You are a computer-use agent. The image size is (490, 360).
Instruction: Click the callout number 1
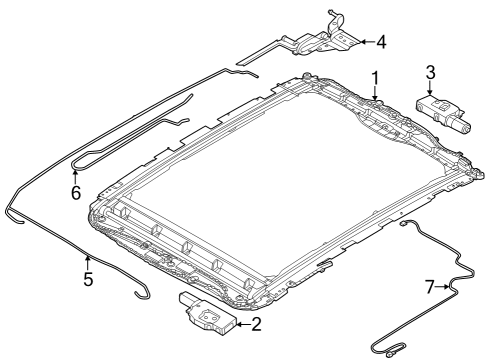click(x=375, y=77)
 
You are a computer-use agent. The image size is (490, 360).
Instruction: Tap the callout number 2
click(x=257, y=323)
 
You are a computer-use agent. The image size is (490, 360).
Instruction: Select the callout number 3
click(x=430, y=72)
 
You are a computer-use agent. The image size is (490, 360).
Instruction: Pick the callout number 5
click(x=88, y=279)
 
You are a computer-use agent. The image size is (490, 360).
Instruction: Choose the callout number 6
click(x=75, y=192)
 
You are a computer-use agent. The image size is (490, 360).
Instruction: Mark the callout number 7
click(x=430, y=287)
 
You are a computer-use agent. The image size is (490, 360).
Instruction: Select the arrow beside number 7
click(x=445, y=287)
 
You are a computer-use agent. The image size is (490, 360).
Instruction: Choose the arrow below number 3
click(x=430, y=88)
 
